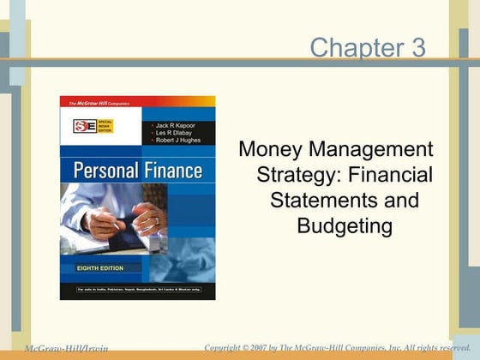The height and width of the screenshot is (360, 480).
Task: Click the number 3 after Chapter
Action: [x=417, y=47]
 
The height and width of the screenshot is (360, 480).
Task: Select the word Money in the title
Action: [x=268, y=150]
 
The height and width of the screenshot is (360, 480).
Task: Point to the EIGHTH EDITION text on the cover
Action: [x=94, y=267]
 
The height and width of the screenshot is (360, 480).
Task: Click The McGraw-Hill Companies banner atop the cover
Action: [x=96, y=101]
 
